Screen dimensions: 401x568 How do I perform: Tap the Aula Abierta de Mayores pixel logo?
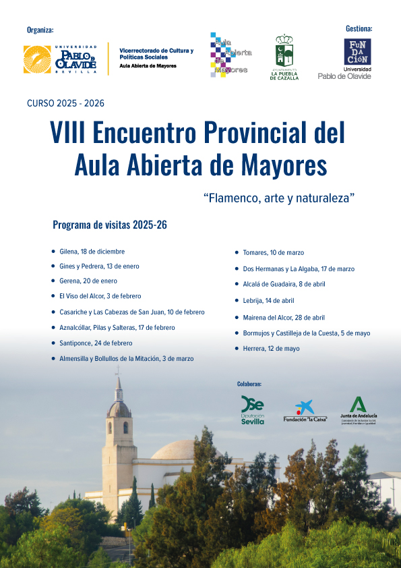[230, 55]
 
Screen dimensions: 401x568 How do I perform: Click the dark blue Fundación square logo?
[357, 52]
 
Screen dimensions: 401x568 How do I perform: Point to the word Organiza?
[40, 30]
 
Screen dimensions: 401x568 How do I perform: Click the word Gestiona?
[359, 29]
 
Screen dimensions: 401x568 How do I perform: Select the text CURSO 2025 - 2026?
[65, 104]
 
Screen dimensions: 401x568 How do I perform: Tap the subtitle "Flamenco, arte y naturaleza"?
[279, 198]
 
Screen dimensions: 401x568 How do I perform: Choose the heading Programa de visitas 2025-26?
[109, 225]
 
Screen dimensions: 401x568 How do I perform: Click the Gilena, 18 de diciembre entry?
[92, 252]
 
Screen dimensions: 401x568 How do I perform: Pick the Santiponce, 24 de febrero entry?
[96, 343]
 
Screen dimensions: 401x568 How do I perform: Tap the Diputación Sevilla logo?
[253, 410]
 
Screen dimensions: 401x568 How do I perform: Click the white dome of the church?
[177, 451]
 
